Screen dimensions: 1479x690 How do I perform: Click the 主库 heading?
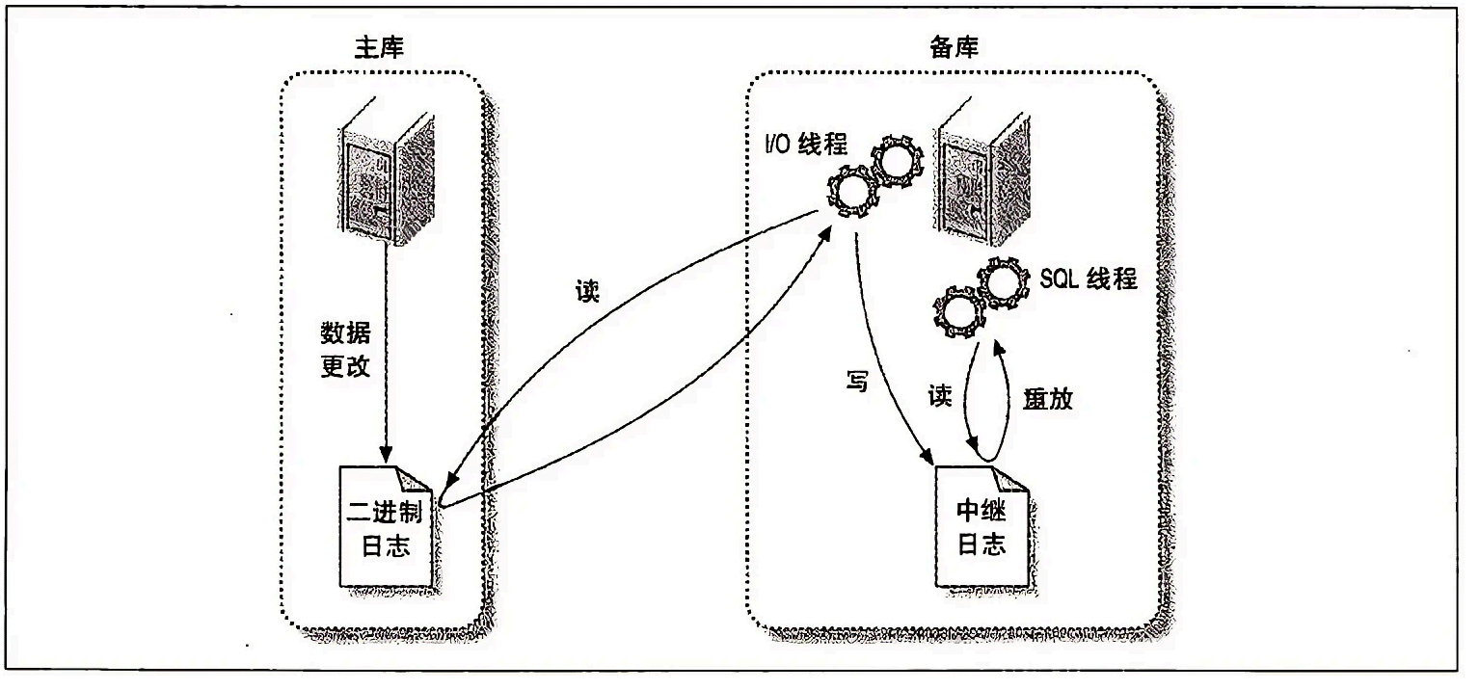click(x=379, y=47)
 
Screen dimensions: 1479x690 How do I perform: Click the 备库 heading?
click(x=955, y=47)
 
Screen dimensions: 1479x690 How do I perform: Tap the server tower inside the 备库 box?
click(x=982, y=172)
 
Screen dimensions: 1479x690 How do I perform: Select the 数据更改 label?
click(x=345, y=350)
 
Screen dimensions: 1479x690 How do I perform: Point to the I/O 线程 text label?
click(x=806, y=144)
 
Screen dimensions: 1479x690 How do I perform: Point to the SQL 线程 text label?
click(x=1089, y=279)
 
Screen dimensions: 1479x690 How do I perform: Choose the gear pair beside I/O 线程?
click(x=873, y=175)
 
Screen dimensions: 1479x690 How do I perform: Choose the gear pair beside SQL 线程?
click(x=982, y=297)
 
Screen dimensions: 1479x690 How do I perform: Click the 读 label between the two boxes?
click(x=587, y=290)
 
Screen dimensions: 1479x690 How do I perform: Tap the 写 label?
click(x=857, y=381)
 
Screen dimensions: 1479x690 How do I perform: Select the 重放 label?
click(x=1048, y=398)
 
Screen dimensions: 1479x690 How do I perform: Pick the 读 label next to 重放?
click(x=940, y=396)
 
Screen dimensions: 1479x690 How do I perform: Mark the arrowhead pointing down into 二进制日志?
click(x=387, y=455)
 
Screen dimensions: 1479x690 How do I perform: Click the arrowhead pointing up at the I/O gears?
click(x=824, y=234)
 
